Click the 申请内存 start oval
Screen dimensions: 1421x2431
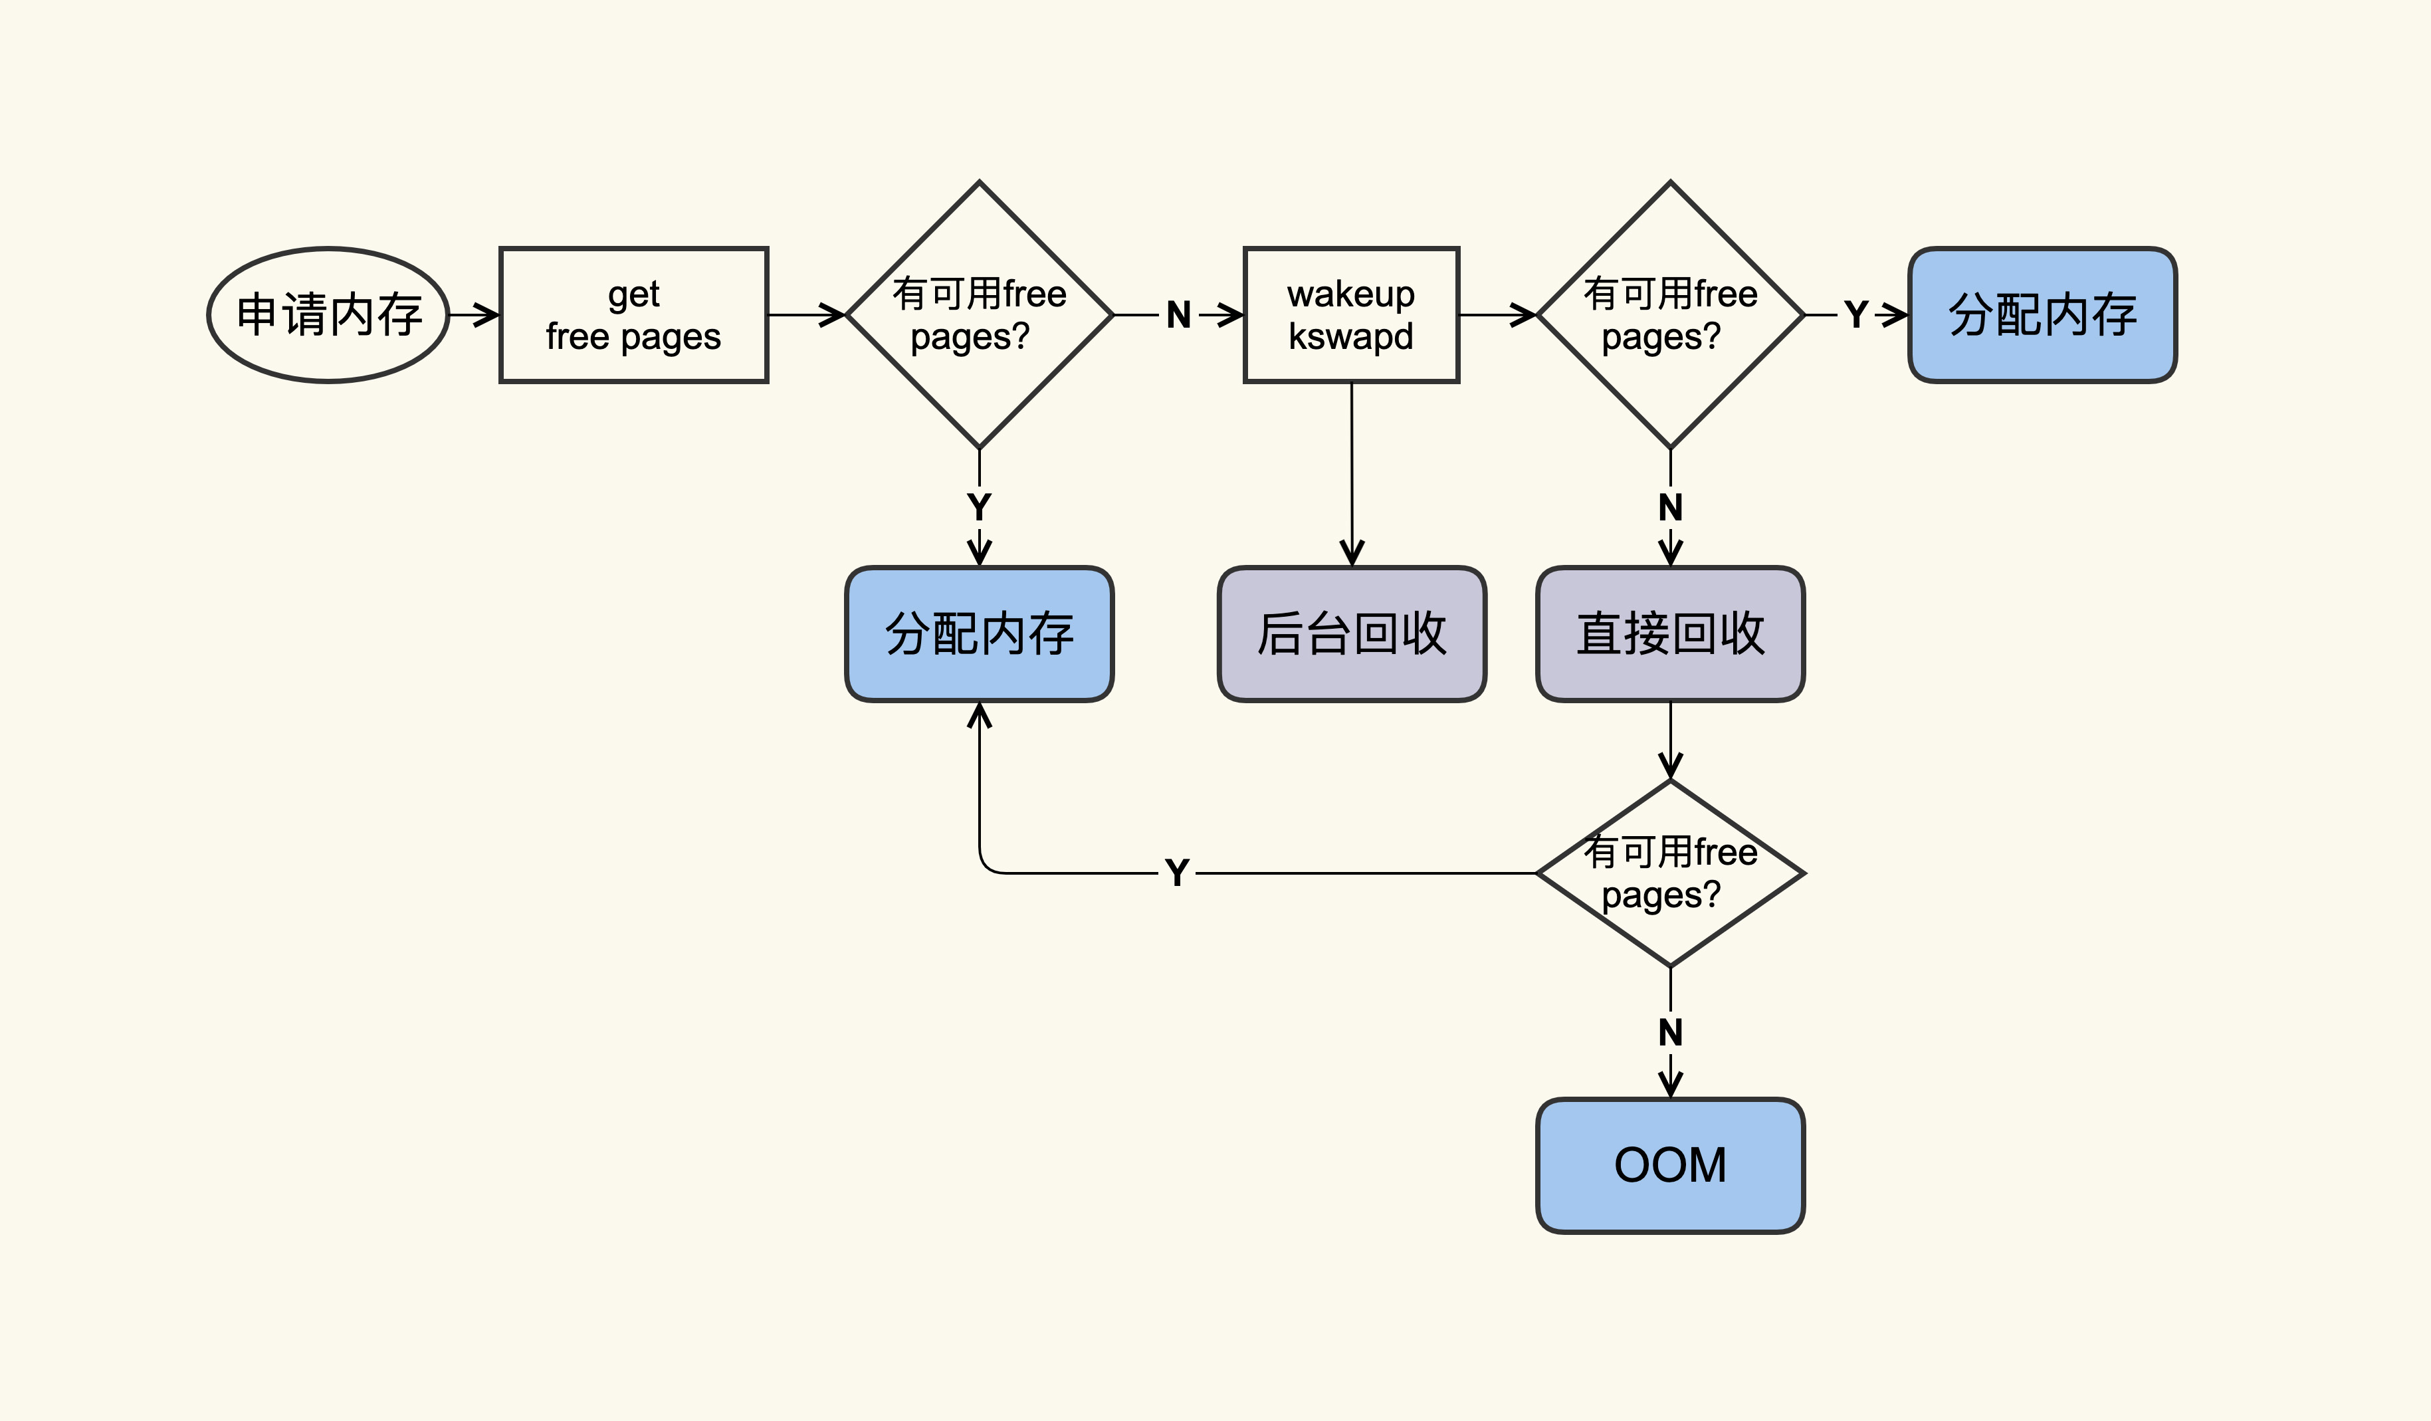328,314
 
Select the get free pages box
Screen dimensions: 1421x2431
634,314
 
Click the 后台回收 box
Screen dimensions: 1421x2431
1352,634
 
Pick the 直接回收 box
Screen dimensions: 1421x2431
1670,634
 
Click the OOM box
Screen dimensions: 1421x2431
1670,1165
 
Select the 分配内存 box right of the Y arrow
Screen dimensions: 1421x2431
2042,314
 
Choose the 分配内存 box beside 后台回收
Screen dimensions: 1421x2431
979,634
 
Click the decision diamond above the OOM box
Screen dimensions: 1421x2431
1670,873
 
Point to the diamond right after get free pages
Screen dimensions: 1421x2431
979,314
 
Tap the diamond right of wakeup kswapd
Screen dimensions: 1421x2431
1670,314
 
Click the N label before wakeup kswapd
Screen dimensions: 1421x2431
1178,314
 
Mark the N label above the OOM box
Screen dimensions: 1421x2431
1670,1032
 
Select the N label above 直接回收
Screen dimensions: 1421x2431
1670,506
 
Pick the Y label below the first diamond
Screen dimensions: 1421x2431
979,506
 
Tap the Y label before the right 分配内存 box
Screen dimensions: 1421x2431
1855,314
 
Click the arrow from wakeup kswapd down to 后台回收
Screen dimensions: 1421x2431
1352,473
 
